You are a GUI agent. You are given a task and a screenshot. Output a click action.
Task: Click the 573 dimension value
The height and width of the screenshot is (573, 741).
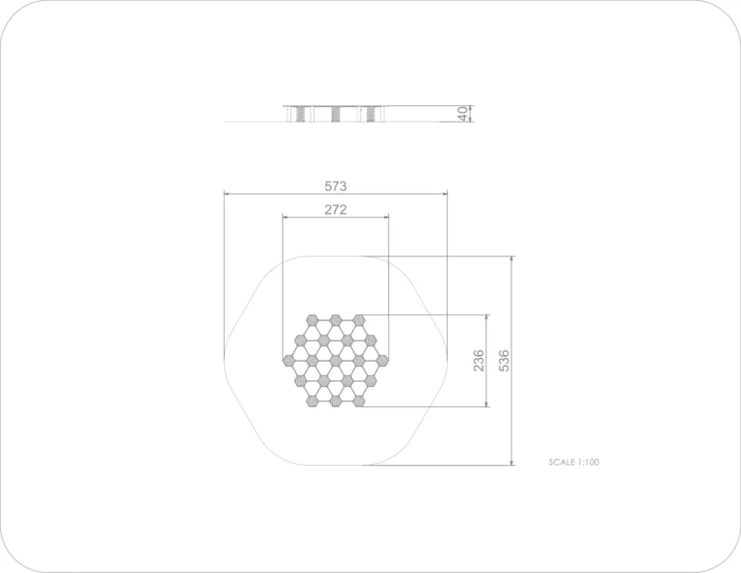tap(336, 186)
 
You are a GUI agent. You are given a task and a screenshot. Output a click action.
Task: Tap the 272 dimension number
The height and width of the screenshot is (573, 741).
tap(336, 209)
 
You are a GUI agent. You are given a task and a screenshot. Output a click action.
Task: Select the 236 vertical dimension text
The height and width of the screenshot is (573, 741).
tap(479, 361)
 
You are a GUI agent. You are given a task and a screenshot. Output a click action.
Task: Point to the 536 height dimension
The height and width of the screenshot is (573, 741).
tap(505, 361)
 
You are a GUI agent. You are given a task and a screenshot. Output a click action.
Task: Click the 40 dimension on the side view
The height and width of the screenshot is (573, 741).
tap(463, 114)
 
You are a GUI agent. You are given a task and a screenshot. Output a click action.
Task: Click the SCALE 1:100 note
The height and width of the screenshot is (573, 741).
tap(574, 462)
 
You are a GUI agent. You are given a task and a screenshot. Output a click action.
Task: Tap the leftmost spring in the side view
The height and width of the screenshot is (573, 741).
tap(301, 114)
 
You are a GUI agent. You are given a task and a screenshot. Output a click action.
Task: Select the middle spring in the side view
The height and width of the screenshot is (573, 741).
tap(336, 114)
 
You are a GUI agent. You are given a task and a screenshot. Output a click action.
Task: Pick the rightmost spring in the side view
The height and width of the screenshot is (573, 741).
tap(370, 114)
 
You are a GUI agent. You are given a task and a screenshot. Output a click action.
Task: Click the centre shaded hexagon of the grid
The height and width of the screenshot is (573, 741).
tap(336, 361)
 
